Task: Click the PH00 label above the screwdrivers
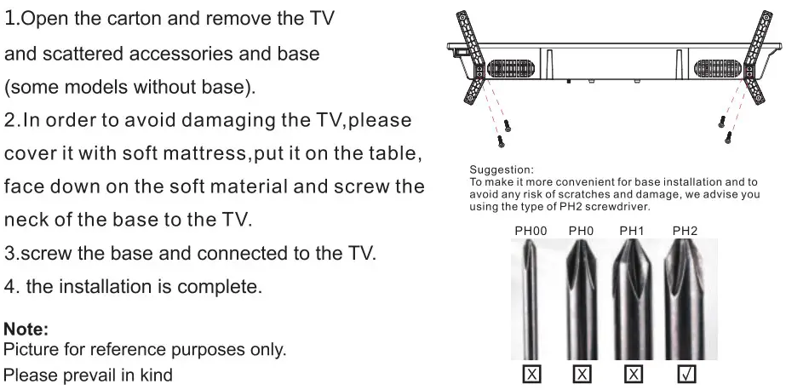(x=531, y=230)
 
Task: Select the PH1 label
(x=632, y=230)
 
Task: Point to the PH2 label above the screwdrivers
(x=686, y=230)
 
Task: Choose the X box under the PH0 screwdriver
(x=582, y=373)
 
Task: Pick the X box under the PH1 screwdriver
(x=634, y=373)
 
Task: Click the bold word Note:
(x=26, y=328)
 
